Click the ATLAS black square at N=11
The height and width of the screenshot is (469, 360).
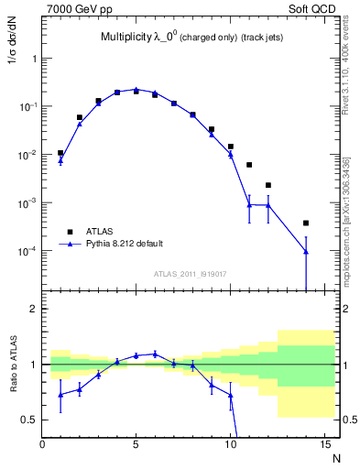click(249, 165)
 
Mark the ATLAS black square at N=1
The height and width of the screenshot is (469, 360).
click(60, 153)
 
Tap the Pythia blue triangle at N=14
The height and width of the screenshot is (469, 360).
click(306, 251)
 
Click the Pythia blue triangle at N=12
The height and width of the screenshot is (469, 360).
click(268, 204)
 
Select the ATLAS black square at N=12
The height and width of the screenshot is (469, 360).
click(268, 185)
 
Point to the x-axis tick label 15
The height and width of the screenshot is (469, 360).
click(324, 444)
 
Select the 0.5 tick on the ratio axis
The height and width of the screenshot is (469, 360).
click(28, 420)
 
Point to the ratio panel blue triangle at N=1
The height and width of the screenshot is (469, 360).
click(60, 395)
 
